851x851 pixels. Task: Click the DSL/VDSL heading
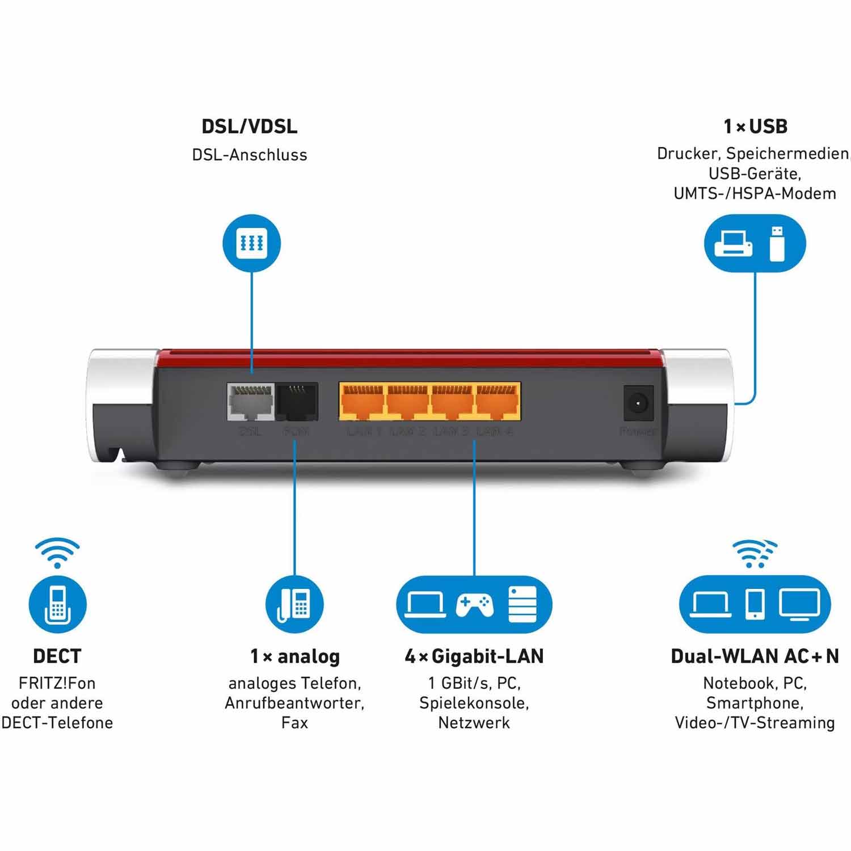[x=250, y=127]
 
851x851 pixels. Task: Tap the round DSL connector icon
[x=251, y=243]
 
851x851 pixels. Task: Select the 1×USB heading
[x=755, y=127]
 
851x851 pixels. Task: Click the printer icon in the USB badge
[x=734, y=244]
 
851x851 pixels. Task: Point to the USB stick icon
[x=777, y=244]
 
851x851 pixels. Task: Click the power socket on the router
[x=639, y=403]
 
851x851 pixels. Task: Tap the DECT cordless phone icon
[x=57, y=604]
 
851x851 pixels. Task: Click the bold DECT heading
[x=57, y=656]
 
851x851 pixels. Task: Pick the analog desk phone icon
[x=294, y=604]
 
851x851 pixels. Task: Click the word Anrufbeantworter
[x=294, y=703]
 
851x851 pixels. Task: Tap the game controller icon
[x=474, y=605]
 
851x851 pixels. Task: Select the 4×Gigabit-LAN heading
[x=474, y=656]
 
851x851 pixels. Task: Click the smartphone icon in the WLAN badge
[x=755, y=604]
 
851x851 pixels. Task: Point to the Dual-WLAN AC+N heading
[x=755, y=656]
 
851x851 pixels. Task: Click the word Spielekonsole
[x=474, y=703]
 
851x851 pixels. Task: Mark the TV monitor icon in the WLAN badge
[x=799, y=604]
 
